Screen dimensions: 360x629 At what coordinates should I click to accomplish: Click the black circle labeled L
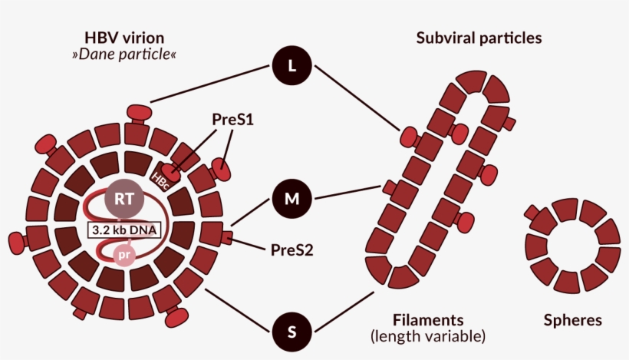click(x=291, y=66)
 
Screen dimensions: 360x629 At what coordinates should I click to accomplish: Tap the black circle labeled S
click(x=291, y=332)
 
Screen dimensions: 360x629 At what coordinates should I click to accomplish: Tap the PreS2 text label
click(x=291, y=249)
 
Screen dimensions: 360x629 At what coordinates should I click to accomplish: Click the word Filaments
click(x=428, y=319)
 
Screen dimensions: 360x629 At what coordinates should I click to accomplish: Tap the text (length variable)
click(x=428, y=336)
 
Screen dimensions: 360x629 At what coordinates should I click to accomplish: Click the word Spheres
click(x=573, y=320)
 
